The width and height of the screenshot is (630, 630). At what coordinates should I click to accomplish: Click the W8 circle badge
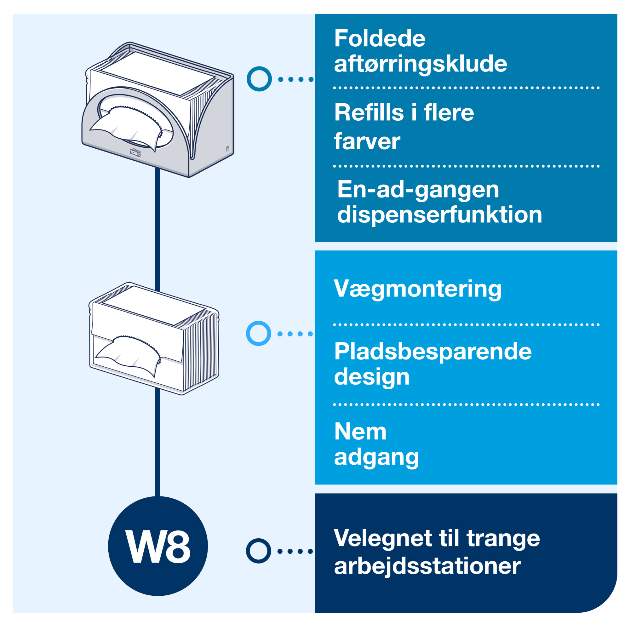[x=158, y=546]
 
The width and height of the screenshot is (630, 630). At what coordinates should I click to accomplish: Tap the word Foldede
[x=380, y=38]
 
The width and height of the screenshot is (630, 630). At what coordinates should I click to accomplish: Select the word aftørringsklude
[x=420, y=64]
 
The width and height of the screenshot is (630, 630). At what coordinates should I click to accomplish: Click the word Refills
[x=369, y=112]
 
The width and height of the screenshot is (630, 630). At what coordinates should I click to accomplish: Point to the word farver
[x=367, y=141]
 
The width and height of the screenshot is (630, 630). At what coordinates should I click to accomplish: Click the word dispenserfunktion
[x=439, y=215]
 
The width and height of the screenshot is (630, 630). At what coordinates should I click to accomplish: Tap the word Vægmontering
[x=417, y=289]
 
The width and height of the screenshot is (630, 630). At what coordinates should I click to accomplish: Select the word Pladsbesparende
[x=433, y=352]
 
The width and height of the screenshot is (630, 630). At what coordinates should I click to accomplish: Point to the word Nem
[x=360, y=432]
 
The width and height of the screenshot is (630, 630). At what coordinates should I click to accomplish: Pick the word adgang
[x=376, y=457]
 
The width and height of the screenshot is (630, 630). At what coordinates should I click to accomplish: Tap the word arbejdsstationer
[x=427, y=566]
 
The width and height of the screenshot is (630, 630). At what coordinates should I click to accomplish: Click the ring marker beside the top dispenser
[x=259, y=79]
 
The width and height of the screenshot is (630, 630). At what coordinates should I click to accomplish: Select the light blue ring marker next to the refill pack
[x=258, y=333]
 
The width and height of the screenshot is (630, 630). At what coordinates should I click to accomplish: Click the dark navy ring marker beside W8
[x=258, y=551]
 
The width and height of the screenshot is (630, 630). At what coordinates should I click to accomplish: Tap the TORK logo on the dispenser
[x=135, y=152]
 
